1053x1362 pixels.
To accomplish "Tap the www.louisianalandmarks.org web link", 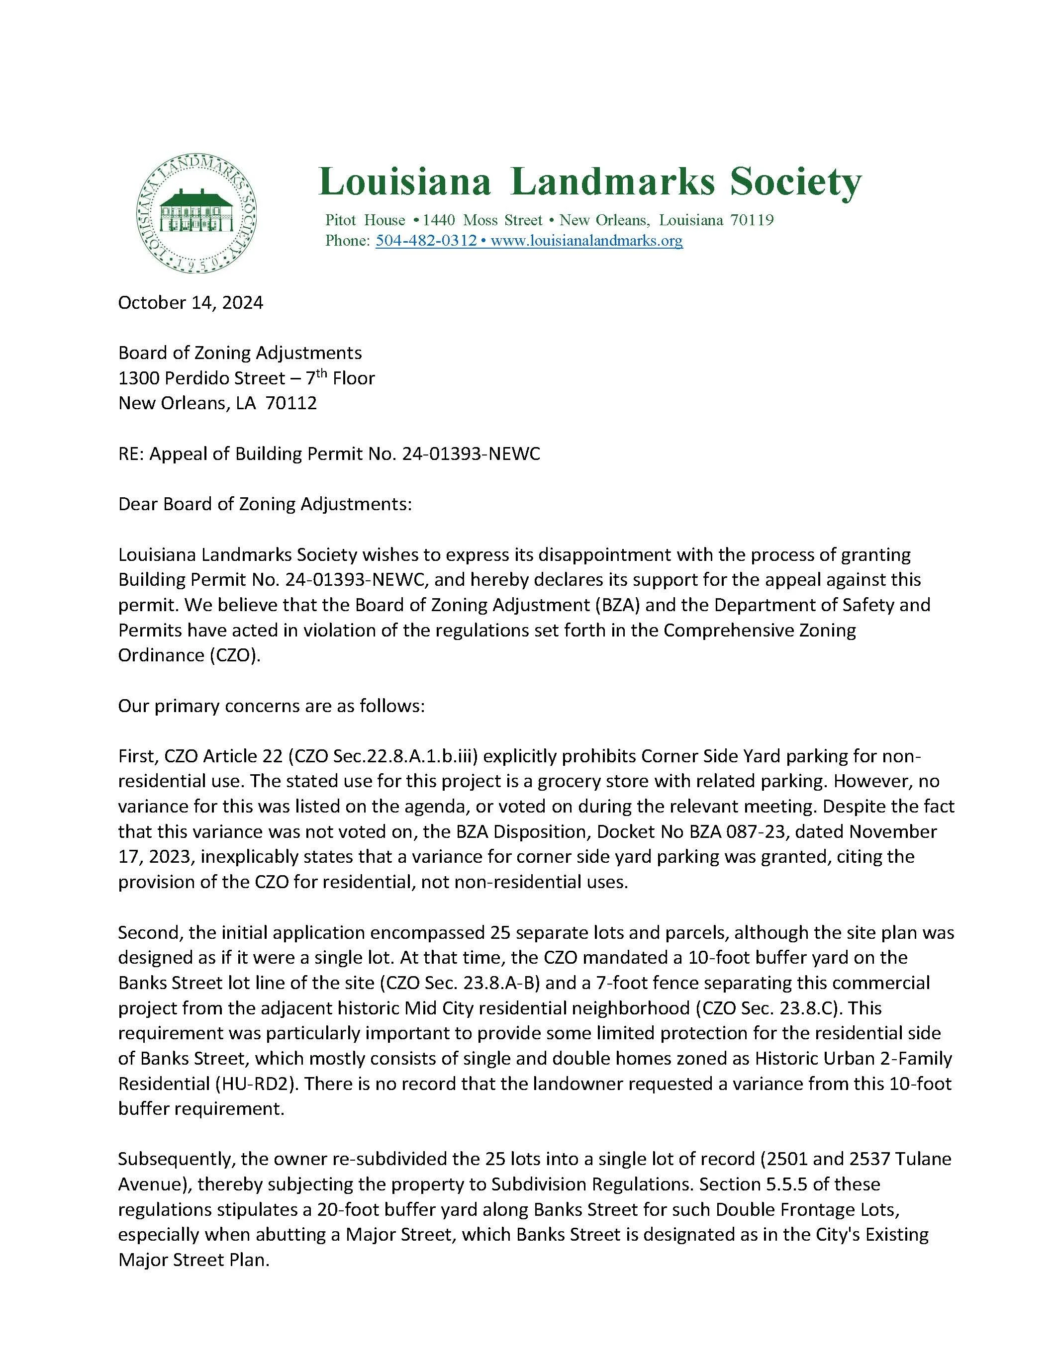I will tap(586, 241).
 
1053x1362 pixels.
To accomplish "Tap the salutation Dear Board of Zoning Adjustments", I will tap(265, 504).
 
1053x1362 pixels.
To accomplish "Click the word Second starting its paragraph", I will tap(145, 933).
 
